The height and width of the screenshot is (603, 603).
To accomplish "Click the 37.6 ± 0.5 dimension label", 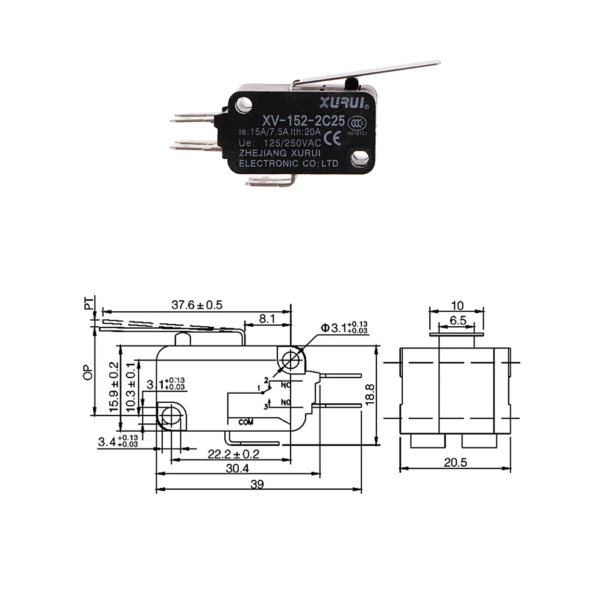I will point(197,305).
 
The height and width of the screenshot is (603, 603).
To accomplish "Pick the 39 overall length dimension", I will point(257,484).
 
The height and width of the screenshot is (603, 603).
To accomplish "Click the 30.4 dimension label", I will point(236,469).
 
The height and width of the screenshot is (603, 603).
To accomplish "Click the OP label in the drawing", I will point(89,374).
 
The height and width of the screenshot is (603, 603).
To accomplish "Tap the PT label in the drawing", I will point(89,303).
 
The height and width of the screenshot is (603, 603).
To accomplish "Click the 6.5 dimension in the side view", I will point(457,321).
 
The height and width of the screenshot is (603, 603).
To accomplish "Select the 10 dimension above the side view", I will point(456,306).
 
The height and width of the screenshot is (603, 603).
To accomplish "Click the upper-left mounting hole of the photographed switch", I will point(244,105).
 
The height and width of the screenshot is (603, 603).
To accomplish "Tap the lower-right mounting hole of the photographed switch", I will point(360,158).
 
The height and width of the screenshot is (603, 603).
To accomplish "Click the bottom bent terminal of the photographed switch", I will point(271,180).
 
